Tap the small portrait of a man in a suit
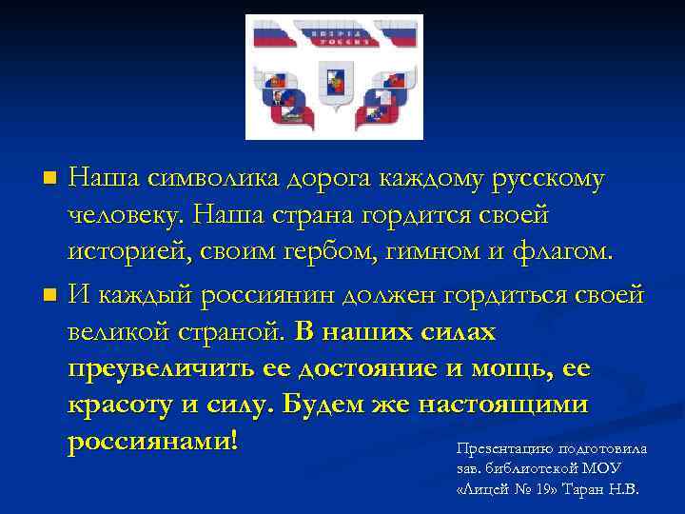coord(275,100)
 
